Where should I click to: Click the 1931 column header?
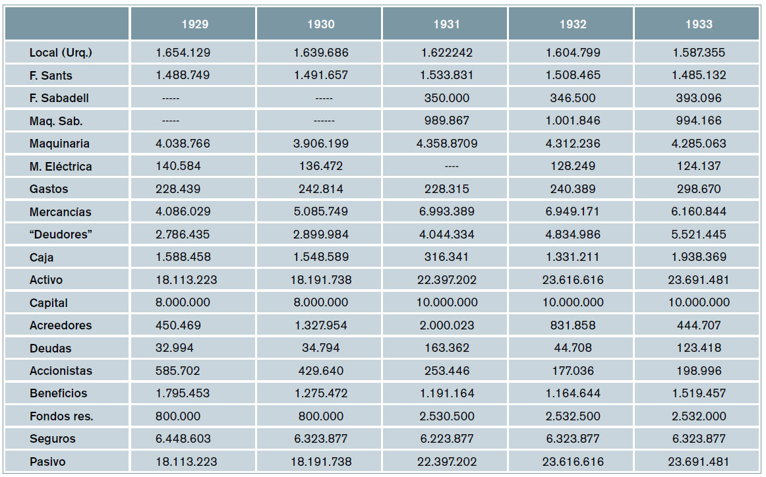click(x=446, y=24)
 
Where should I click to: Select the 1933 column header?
click(x=699, y=24)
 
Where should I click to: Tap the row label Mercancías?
click(x=61, y=212)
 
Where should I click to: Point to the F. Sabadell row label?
click(x=59, y=98)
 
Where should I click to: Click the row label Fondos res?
click(x=61, y=416)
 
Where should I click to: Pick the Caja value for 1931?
click(x=446, y=258)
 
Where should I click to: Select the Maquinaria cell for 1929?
click(x=183, y=144)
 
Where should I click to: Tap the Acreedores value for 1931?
click(x=446, y=325)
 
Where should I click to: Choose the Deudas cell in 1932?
click(x=573, y=348)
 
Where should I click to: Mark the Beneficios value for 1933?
click(x=699, y=393)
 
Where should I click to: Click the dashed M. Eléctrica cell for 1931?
click(x=446, y=167)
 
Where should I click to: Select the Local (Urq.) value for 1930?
click(x=320, y=53)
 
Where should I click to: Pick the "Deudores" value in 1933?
click(x=699, y=235)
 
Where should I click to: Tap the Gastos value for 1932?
click(x=573, y=189)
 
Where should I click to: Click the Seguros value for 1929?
click(x=183, y=439)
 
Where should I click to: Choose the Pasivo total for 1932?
click(x=573, y=462)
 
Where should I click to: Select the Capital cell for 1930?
click(x=320, y=303)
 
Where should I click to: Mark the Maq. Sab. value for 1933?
click(x=699, y=121)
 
